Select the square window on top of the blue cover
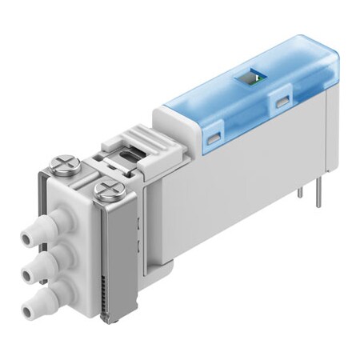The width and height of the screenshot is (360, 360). tap(250, 78)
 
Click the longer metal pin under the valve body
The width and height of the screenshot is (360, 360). tap(318, 199)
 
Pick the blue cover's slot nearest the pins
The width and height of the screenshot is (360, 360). tap(282, 102)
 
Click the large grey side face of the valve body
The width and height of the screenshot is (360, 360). tap(240, 192)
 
